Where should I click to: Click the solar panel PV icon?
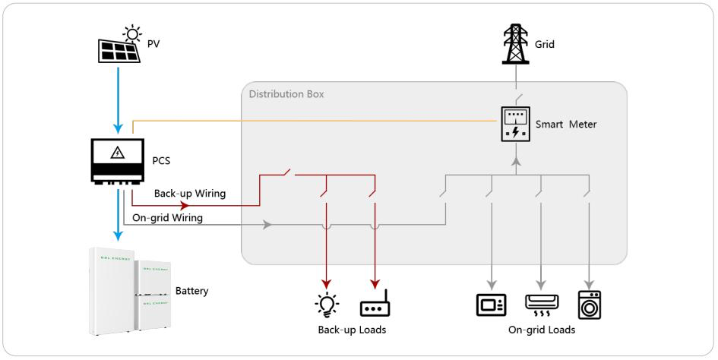pos(120,50)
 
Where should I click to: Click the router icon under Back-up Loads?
pos(375,307)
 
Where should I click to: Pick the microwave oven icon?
pos(491,304)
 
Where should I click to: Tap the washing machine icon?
pos(590,304)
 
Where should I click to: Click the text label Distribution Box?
pos(286,95)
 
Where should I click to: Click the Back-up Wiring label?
pos(190,194)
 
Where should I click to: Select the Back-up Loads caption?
pos(352,331)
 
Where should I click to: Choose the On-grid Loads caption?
pos(541,331)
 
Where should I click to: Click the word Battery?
pos(192,291)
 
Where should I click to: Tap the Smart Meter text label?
pos(567,125)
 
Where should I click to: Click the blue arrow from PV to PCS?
pos(117,95)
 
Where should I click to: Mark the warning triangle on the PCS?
pos(117,153)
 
